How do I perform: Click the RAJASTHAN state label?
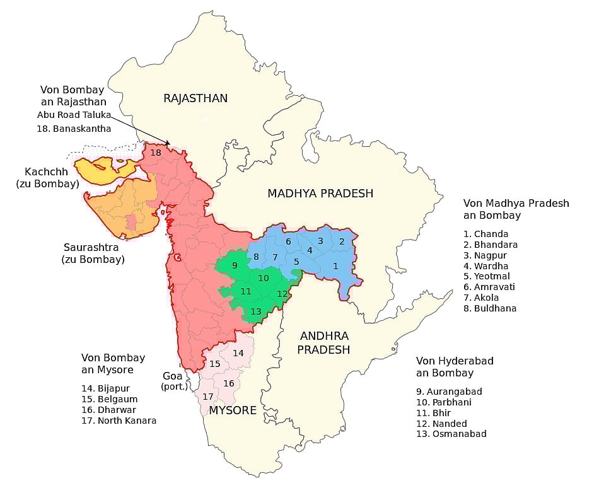[x=195, y=98]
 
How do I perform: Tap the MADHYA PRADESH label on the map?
[x=320, y=194]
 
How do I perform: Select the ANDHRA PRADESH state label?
[x=323, y=342]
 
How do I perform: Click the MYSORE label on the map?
[x=232, y=410]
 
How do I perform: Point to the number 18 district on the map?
[x=156, y=153]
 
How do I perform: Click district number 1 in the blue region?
[x=335, y=266]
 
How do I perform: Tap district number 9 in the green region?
[x=235, y=265]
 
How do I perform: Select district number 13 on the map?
[x=255, y=311]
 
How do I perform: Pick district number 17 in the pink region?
[x=207, y=396]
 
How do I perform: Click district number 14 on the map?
[x=238, y=353]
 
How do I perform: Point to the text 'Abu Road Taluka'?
[x=74, y=115]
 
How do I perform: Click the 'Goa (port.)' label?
[x=175, y=380]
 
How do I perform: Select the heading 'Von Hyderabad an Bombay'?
[x=454, y=367]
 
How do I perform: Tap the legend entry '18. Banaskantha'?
[x=74, y=129]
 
